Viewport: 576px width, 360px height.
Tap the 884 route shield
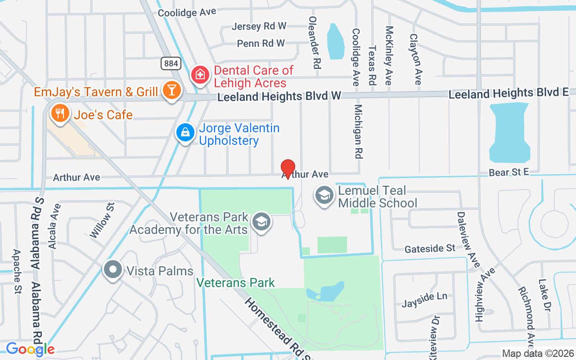[x=171, y=63]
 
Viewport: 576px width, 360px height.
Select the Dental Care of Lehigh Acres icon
[x=199, y=75]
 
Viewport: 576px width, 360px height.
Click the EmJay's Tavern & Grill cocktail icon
[x=171, y=90]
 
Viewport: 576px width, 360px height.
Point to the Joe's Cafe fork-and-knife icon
[x=59, y=112]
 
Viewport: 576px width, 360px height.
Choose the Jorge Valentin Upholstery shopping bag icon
[x=185, y=133]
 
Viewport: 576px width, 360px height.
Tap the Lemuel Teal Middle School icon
[x=324, y=195]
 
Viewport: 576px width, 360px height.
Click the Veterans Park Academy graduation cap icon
[x=261, y=221]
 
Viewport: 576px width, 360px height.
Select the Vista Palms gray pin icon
[x=112, y=270]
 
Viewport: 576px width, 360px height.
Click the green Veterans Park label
[x=236, y=283]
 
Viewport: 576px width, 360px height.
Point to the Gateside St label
[x=430, y=249]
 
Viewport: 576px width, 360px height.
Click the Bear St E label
[x=508, y=172]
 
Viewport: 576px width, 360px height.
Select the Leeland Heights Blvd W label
[x=279, y=96]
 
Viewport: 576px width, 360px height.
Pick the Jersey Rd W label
[x=259, y=26]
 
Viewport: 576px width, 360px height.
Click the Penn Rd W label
[x=261, y=43]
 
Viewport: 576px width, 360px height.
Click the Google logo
[x=30, y=349]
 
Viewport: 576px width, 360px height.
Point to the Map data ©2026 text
[x=538, y=353]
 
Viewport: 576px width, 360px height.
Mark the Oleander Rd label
[x=314, y=43]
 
